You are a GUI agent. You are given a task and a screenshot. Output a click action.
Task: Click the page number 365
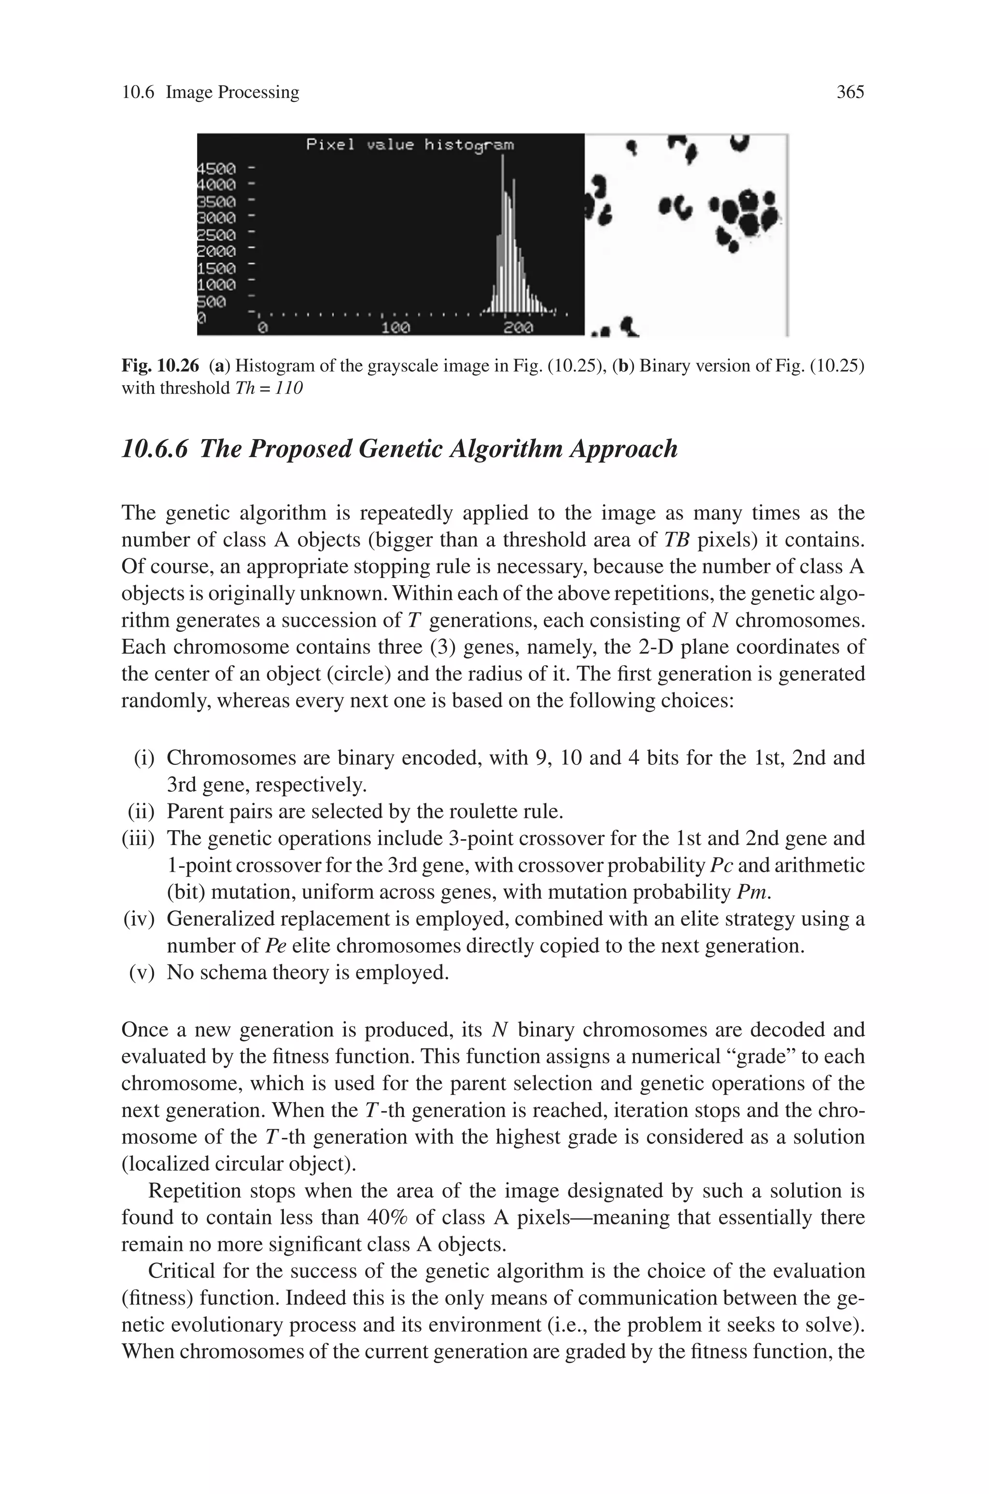coord(849,92)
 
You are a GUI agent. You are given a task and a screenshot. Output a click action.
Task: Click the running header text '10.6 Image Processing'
coord(210,92)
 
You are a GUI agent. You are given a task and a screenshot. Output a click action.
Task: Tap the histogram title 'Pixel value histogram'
coord(410,145)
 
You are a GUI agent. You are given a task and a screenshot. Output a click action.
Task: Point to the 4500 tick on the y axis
coord(217,169)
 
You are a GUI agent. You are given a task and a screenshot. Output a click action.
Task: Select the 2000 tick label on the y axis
coord(217,251)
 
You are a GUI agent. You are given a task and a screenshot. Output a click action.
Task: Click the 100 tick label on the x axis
coord(396,328)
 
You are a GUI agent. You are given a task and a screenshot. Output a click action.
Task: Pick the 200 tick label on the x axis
coord(519,328)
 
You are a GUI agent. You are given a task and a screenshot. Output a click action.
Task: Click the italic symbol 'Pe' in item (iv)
coord(271,946)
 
